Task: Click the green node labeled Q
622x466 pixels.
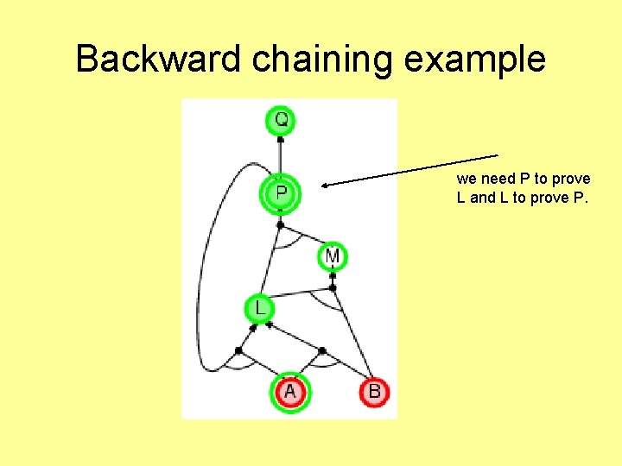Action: click(281, 119)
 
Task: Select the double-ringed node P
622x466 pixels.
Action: click(281, 192)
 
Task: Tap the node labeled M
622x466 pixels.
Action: click(333, 256)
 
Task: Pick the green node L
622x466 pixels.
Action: click(258, 307)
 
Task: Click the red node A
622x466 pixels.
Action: click(289, 392)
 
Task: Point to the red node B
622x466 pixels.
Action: click(374, 392)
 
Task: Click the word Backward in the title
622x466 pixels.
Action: click(159, 60)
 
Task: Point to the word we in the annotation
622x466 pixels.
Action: click(466, 179)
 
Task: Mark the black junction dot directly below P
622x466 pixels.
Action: click(280, 224)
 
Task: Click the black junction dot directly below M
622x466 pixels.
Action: click(333, 276)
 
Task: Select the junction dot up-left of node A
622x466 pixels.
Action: click(238, 349)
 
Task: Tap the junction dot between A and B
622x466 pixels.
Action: click(321, 350)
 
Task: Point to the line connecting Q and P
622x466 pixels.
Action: click(281, 155)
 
